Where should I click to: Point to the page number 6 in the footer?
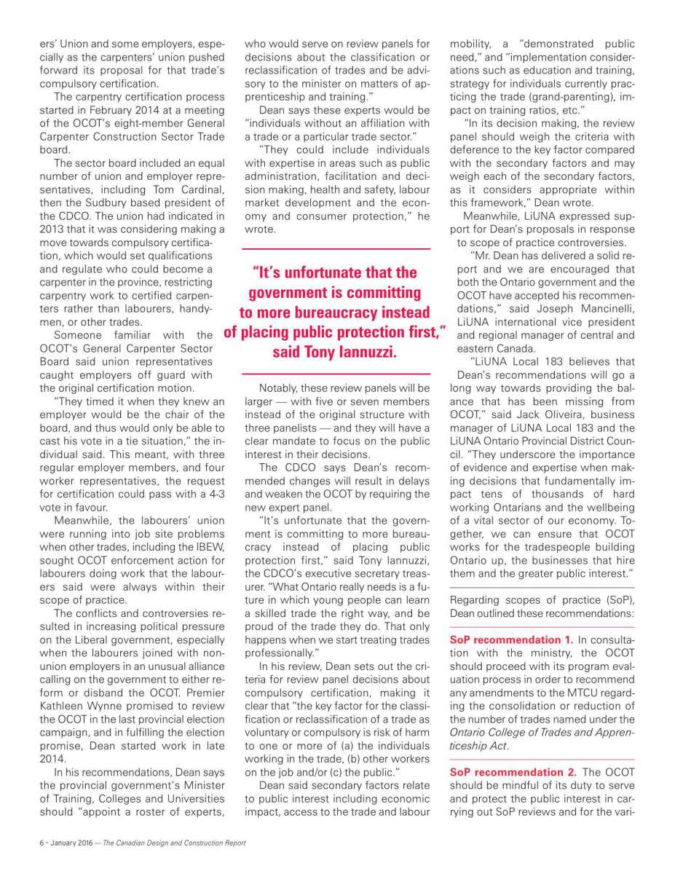coord(41,843)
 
